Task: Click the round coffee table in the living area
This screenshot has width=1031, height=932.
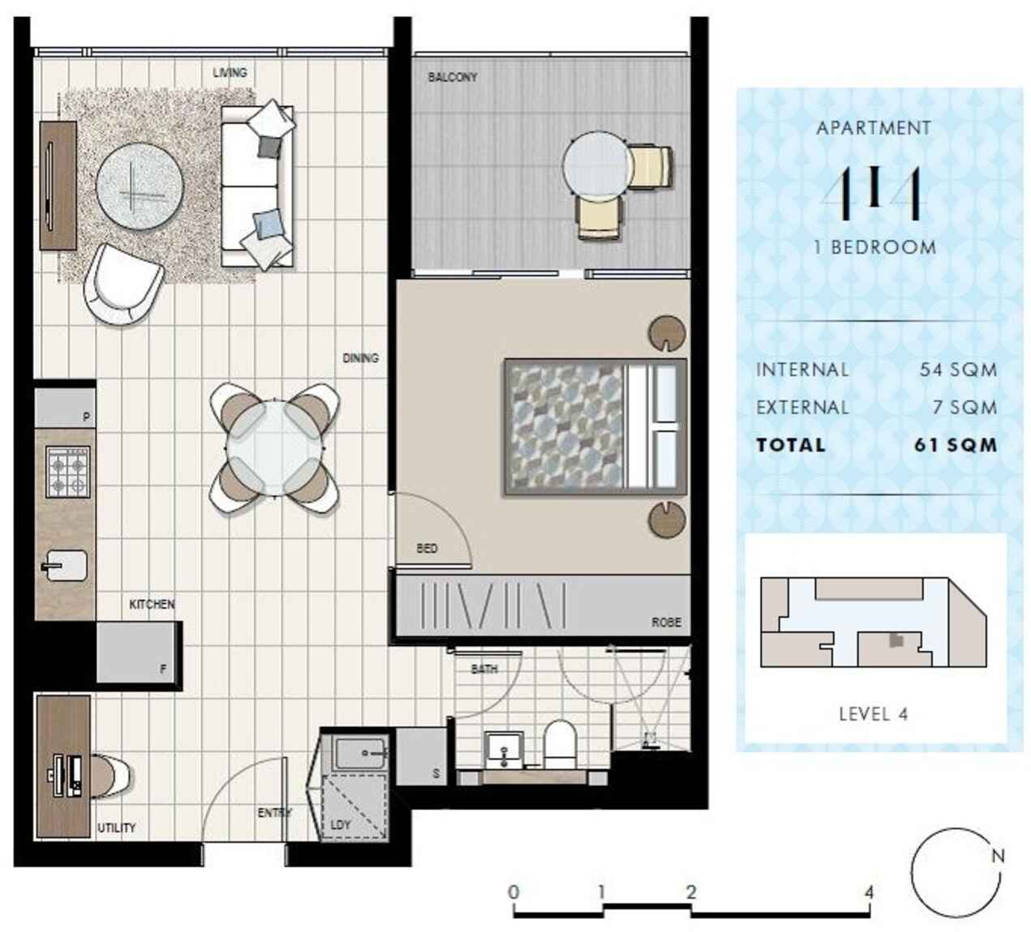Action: click(x=140, y=186)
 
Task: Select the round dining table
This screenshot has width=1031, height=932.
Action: click(x=274, y=448)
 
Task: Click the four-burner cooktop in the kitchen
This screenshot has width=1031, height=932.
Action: click(x=68, y=472)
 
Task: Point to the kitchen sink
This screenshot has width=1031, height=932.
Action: click(x=65, y=566)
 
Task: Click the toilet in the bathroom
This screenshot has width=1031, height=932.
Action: click(x=560, y=744)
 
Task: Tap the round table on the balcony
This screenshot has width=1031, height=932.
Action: click(x=596, y=166)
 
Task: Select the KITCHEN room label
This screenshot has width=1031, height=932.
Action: click(x=152, y=605)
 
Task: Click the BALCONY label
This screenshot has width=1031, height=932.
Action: click(x=453, y=78)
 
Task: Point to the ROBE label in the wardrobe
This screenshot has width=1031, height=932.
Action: click(x=666, y=622)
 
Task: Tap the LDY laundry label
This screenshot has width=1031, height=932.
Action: click(x=340, y=825)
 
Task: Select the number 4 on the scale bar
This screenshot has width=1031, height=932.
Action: click(x=869, y=892)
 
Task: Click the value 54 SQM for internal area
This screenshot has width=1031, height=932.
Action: click(x=958, y=370)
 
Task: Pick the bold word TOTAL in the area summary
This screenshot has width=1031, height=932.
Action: click(x=790, y=445)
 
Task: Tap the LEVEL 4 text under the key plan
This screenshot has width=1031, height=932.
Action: click(x=873, y=714)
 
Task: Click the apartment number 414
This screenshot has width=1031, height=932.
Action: click(x=874, y=195)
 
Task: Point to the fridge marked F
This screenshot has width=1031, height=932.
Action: click(x=138, y=653)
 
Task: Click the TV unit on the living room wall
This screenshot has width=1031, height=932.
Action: click(x=58, y=186)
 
